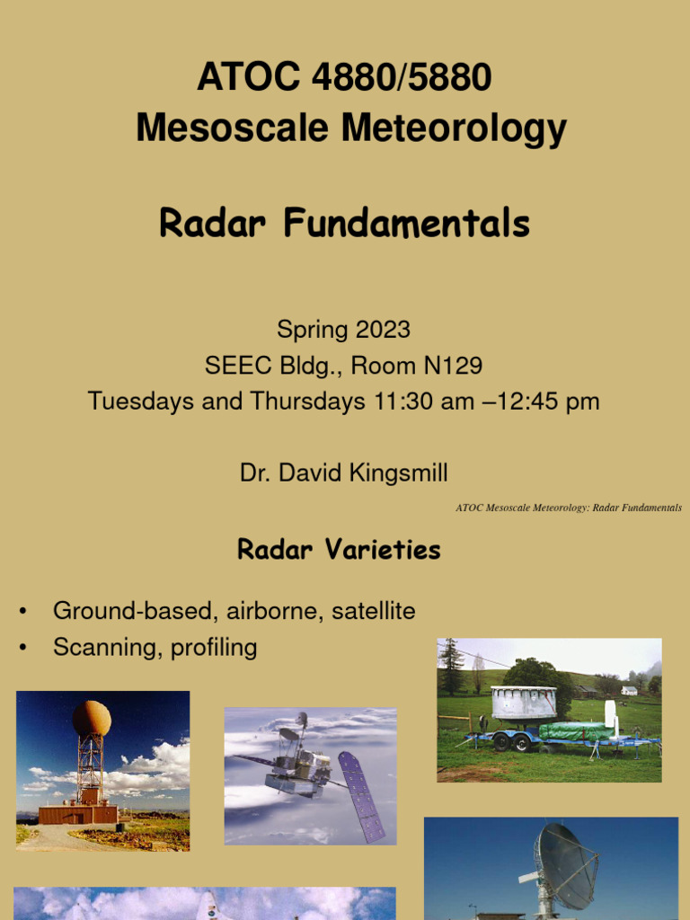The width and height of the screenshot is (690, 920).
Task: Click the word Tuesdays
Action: click(141, 401)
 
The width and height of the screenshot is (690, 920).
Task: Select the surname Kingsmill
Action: click(402, 473)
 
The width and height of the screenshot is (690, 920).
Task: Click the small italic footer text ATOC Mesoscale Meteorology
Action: click(521, 509)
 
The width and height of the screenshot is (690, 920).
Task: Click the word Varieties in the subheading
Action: click(387, 550)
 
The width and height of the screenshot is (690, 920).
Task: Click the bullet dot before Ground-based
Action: click(23, 613)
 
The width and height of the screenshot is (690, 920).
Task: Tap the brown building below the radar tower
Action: click(78, 814)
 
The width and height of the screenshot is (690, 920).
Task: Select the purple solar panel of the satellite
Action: click(361, 796)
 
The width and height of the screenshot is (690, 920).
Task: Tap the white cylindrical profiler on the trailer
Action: click(524, 703)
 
